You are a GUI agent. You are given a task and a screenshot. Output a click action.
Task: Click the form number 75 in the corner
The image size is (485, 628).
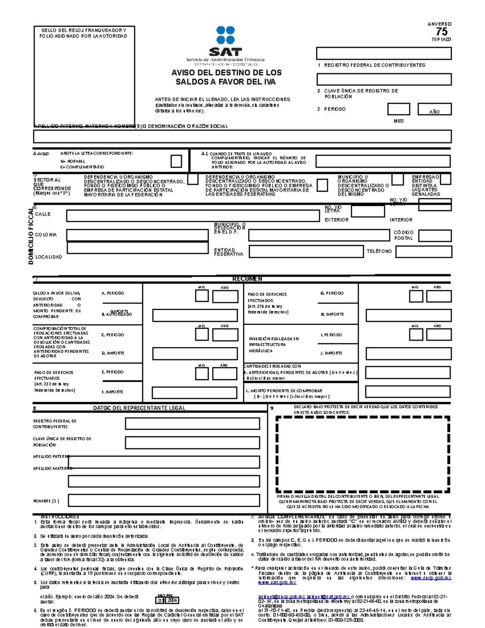click(x=441, y=32)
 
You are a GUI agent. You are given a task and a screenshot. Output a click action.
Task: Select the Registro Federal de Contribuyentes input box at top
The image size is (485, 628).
click(x=384, y=53)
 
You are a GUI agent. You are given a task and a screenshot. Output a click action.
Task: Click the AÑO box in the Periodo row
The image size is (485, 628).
click(x=434, y=109)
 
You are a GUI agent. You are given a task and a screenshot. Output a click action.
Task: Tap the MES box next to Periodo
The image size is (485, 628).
click(x=398, y=109)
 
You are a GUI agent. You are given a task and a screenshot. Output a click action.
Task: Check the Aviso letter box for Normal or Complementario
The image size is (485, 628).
click(x=176, y=161)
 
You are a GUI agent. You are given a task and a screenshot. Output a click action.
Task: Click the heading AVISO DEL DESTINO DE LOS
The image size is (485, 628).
click(x=226, y=73)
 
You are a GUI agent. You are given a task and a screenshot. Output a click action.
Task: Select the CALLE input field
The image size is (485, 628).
click(x=193, y=216)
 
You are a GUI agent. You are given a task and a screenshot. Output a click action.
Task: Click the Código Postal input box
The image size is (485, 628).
click(x=435, y=235)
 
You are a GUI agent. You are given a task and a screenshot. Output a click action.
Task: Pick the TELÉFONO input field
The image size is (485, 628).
click(x=424, y=252)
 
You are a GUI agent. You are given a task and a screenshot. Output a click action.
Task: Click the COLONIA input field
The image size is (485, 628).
click(x=137, y=235)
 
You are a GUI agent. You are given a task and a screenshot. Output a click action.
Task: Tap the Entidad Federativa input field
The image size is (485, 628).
click(x=306, y=252)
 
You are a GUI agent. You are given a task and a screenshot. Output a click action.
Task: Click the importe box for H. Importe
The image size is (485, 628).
click(x=408, y=315)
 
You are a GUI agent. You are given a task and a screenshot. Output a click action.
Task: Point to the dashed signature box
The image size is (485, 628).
click(x=363, y=455)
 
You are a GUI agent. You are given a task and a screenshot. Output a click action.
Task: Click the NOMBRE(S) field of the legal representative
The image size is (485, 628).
click(x=164, y=501)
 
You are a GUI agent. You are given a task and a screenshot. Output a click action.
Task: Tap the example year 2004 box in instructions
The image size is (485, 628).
click(x=173, y=601)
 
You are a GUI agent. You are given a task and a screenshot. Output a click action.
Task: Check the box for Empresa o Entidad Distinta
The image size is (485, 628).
click(x=445, y=179)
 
